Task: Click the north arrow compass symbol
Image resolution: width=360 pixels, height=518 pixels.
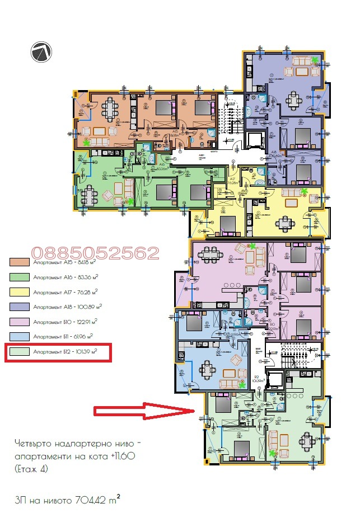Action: click(42, 52)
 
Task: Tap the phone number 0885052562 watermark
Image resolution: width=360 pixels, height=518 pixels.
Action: click(95, 253)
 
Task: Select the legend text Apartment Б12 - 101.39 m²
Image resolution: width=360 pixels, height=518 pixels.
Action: click(65, 352)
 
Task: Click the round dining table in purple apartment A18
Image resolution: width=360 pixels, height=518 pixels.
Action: click(294, 101)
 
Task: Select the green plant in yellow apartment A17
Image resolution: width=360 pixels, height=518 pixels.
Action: click(304, 191)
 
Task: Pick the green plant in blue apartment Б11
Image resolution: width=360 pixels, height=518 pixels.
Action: click(242, 385)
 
